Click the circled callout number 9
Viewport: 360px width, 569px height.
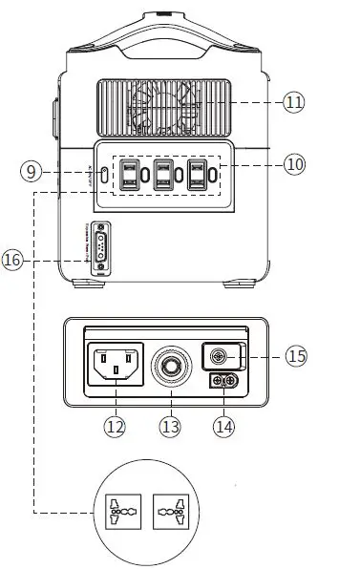pos(31,172)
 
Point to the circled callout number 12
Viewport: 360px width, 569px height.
pos(115,428)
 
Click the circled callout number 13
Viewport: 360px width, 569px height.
pos(170,428)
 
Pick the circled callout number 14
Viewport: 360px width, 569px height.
pos(223,428)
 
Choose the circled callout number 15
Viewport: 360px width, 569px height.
pos(295,356)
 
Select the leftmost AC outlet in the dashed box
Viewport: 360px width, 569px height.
pos(129,174)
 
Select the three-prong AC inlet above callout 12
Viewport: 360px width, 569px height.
pos(116,365)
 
